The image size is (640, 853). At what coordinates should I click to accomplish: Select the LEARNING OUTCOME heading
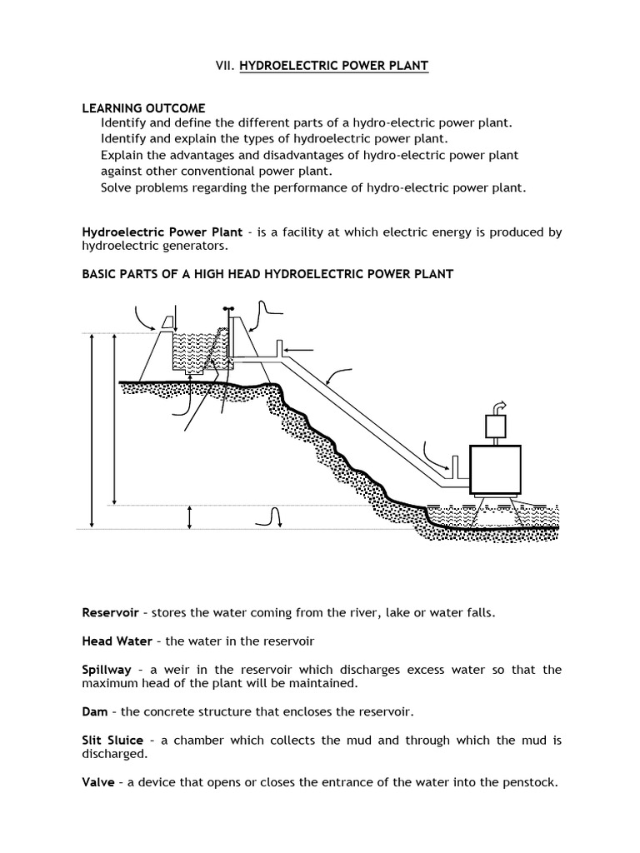142,109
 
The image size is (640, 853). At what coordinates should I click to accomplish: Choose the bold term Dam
94,711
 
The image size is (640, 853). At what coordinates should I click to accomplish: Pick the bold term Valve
97,782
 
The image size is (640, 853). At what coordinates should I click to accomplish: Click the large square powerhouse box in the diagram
496,470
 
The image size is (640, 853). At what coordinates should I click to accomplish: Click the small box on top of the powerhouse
497,426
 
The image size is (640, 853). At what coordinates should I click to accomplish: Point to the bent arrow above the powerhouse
499,406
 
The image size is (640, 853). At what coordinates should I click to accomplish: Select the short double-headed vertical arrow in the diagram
190,516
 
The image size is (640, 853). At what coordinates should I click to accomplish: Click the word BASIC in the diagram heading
100,274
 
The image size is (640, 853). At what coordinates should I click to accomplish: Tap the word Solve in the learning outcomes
118,187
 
